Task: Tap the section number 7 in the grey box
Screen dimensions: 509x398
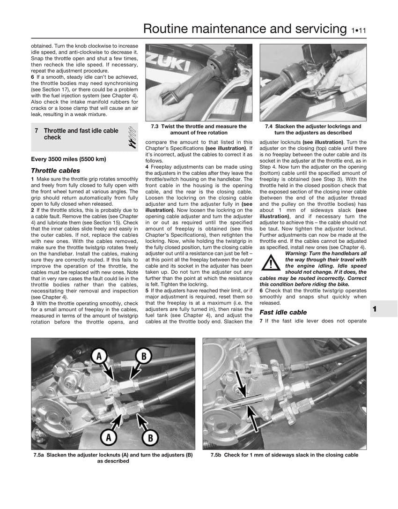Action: tap(37, 131)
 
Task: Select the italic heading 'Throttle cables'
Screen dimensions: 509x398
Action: tap(55, 171)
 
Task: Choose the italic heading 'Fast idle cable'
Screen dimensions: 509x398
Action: tap(283, 312)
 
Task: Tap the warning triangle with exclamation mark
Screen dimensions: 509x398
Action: tap(270, 262)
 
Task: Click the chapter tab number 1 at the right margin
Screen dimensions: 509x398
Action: tap(375, 309)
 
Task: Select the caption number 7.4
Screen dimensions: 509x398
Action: tap(269, 127)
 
